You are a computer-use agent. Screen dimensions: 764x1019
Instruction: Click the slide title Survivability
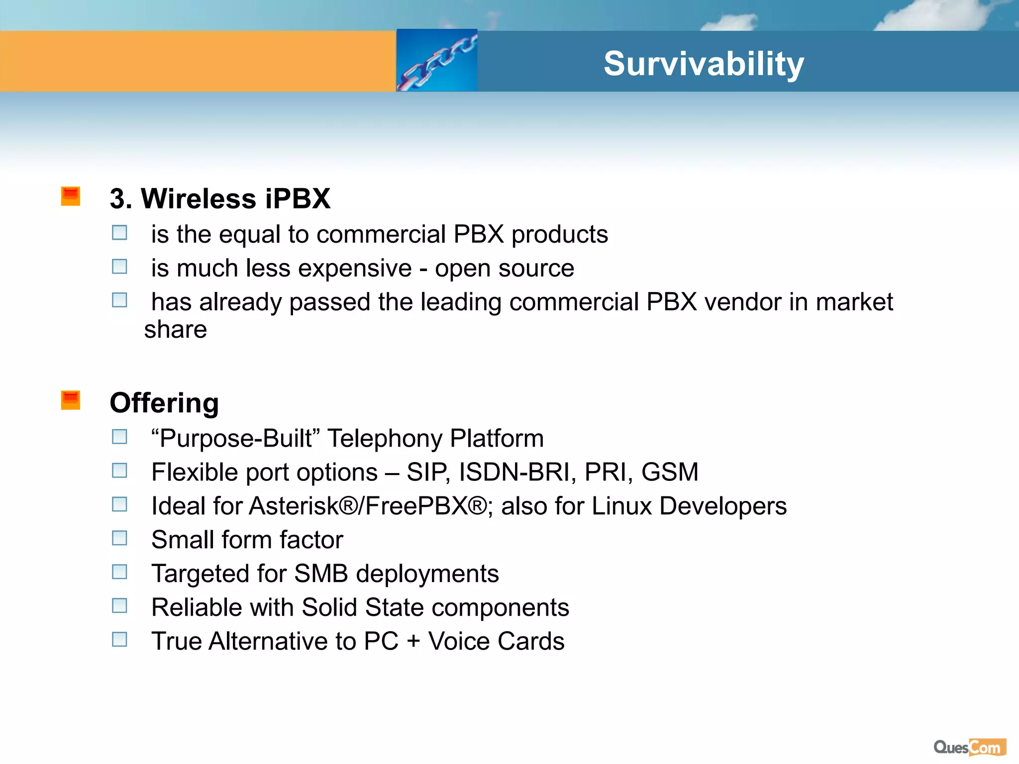704,64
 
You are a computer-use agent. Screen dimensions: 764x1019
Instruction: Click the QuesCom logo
970,747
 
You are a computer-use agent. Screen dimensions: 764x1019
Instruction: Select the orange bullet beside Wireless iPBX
71,196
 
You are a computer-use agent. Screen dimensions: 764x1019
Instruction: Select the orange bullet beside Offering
71,400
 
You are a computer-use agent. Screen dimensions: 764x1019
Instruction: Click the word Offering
164,403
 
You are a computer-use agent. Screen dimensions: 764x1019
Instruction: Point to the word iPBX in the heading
298,198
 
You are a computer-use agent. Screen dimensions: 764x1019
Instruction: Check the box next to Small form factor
119,538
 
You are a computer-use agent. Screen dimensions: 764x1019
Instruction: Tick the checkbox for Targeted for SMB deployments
119,572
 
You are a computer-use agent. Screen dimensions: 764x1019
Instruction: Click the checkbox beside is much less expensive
119,267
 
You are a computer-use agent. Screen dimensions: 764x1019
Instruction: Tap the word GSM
670,472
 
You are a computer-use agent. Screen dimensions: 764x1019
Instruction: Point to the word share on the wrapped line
175,330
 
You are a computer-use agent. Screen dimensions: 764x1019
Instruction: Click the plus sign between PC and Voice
413,641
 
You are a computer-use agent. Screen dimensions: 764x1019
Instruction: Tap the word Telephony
385,439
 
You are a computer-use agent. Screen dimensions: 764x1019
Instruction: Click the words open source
505,269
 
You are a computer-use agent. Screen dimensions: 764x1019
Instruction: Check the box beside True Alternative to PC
119,639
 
